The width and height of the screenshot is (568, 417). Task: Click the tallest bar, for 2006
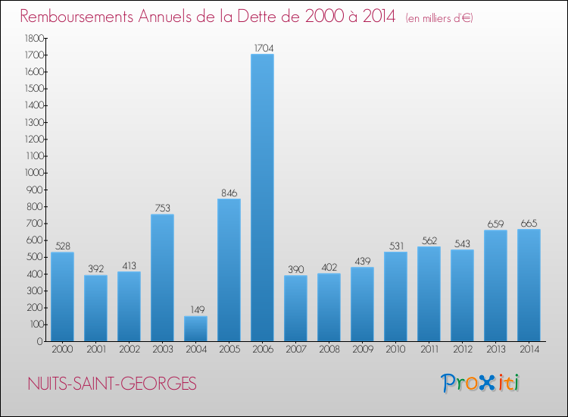point(262,197)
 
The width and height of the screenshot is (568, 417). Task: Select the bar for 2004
point(195,328)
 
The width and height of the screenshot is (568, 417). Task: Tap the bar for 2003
point(162,277)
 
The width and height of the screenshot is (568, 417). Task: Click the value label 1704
point(262,48)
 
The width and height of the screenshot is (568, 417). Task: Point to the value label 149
point(195,309)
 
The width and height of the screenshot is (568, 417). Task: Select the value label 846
point(229,192)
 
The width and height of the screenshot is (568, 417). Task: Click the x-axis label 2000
point(62,350)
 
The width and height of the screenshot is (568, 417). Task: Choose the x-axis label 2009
point(362,350)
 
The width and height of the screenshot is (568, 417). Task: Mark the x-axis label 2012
point(462,350)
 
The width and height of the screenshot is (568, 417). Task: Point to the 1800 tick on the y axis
point(33,38)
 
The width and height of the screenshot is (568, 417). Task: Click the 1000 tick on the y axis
point(33,173)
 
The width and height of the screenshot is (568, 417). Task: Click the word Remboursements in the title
point(83,16)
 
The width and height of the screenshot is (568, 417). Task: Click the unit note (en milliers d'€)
point(439,17)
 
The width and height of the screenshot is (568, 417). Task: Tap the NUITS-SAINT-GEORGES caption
point(110,384)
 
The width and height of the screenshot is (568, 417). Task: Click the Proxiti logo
point(481,383)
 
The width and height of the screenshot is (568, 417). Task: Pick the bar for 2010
point(395,296)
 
